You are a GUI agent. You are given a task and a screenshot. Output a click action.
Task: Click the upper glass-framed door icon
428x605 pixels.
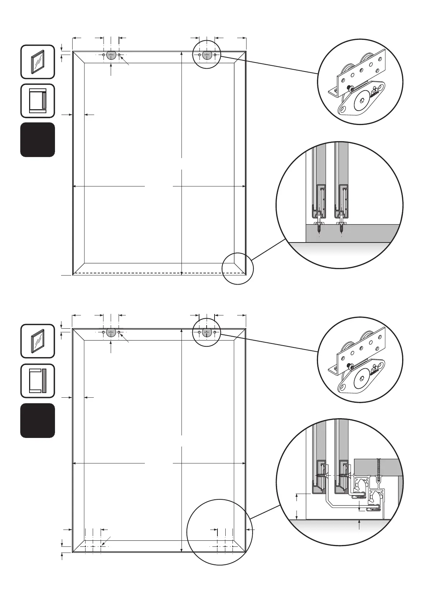point(38,61)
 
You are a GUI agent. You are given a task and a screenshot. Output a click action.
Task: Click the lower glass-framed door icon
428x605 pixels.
point(38,341)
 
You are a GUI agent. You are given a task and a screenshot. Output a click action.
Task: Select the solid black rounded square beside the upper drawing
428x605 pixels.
point(38,139)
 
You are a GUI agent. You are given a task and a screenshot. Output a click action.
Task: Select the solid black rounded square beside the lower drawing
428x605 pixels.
point(38,420)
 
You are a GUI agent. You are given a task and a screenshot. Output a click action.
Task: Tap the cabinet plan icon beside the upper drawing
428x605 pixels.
point(38,101)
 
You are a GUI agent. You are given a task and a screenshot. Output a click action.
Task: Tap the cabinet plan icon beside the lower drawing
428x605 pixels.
point(38,381)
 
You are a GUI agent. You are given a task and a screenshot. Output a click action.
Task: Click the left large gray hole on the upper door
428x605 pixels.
point(111,55)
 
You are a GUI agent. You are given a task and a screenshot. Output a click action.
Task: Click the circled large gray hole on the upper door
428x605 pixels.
point(207,55)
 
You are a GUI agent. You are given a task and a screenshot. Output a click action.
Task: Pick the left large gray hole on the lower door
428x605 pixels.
point(111,332)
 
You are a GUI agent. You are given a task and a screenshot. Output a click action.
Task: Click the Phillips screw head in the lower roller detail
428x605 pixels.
point(349,366)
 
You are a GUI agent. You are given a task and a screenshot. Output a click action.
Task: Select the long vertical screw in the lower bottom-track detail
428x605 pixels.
point(378,471)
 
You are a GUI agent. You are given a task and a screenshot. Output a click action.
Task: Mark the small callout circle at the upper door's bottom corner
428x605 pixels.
point(238,268)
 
